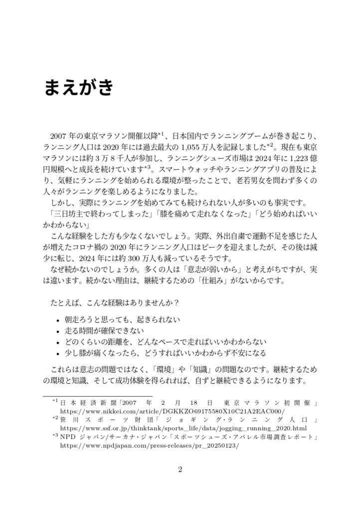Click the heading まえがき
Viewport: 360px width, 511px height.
coord(78,88)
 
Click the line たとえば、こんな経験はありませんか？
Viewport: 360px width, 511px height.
coord(115,303)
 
